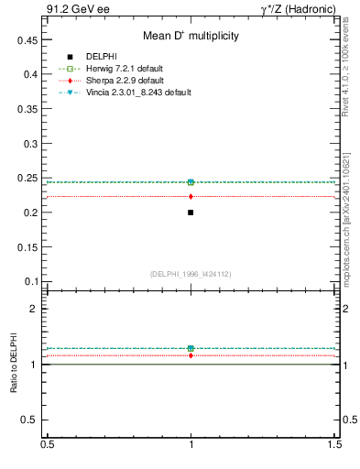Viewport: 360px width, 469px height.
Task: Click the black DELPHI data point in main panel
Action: pyautogui.click(x=191, y=213)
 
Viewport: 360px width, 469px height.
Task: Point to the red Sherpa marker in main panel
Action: pyautogui.click(x=191, y=196)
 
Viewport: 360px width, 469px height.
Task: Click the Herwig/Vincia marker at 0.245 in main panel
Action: pyautogui.click(x=191, y=182)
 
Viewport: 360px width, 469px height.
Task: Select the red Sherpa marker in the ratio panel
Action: pyautogui.click(x=191, y=355)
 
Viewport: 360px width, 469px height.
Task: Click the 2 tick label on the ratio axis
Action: pyautogui.click(x=34, y=309)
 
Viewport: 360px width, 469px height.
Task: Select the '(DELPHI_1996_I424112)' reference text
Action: pyautogui.click(x=191, y=273)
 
